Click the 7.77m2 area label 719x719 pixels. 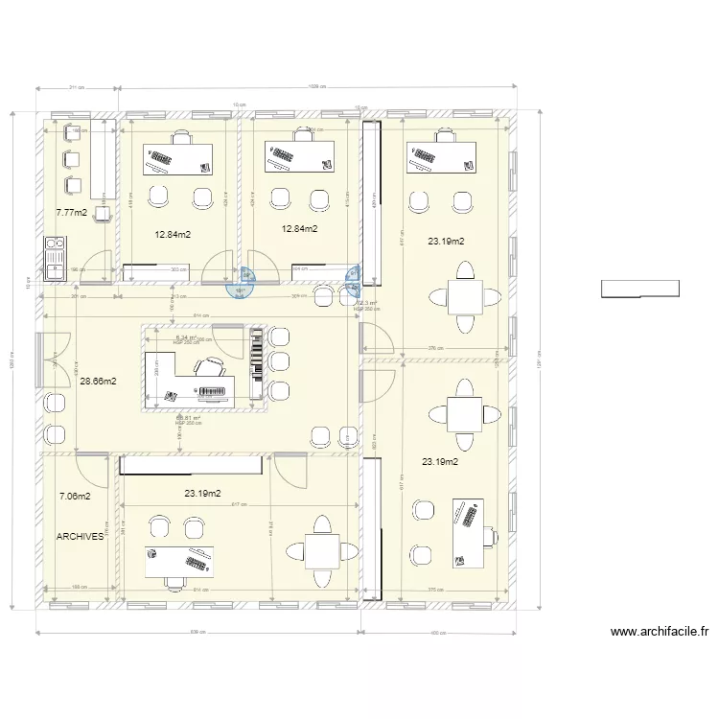(x=72, y=213)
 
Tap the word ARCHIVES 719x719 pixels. (x=81, y=537)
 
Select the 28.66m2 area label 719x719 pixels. (x=98, y=381)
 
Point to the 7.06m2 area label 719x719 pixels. (x=75, y=497)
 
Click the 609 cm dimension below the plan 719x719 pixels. (x=197, y=633)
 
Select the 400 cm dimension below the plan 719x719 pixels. (x=439, y=633)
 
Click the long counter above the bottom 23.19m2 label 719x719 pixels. (x=191, y=464)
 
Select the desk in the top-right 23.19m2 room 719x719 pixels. (x=441, y=157)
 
